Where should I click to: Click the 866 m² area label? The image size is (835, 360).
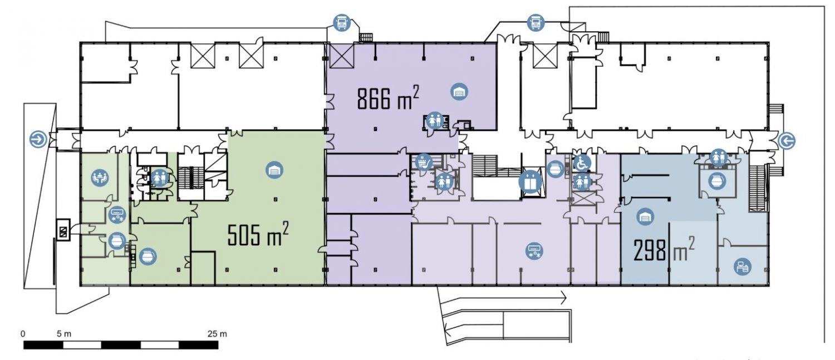(x=387, y=98)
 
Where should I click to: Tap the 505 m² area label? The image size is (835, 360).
(x=258, y=234)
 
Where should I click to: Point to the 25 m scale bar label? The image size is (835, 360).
(x=217, y=334)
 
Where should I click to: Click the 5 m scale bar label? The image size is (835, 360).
(x=64, y=334)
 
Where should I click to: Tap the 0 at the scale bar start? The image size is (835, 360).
(x=23, y=334)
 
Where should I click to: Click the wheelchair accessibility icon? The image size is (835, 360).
(x=582, y=163)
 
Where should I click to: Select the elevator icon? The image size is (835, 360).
(x=531, y=181)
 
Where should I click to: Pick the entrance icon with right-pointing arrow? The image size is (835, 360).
(x=39, y=140)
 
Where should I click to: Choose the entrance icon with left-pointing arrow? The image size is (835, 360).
(x=787, y=141)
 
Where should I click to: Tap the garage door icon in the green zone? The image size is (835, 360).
(x=274, y=170)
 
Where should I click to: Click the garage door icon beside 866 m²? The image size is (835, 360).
(x=459, y=91)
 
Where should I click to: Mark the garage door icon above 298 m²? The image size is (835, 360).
(x=645, y=217)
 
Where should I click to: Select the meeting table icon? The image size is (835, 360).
(x=100, y=177)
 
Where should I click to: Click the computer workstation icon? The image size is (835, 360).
(x=742, y=267)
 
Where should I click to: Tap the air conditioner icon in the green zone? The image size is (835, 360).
(x=117, y=215)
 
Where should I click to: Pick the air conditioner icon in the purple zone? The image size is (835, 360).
(x=534, y=250)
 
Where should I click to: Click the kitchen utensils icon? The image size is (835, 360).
(x=424, y=162)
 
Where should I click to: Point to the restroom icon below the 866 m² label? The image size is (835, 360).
(x=435, y=120)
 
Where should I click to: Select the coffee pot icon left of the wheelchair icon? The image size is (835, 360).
(x=556, y=169)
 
